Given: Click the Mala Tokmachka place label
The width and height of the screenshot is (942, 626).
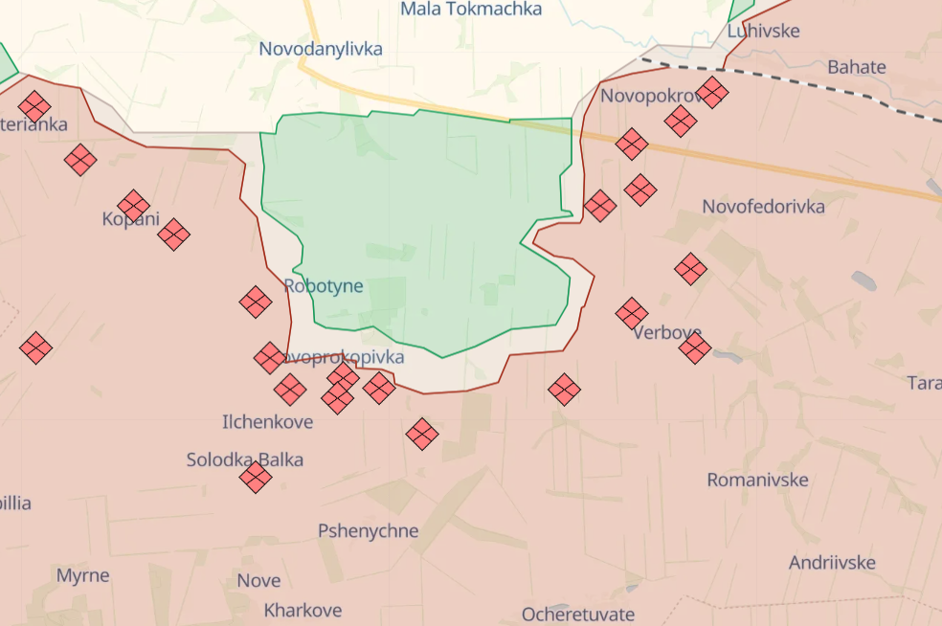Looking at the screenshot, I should pyautogui.click(x=471, y=10).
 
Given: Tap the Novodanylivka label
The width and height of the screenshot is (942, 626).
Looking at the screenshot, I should pyautogui.click(x=321, y=49).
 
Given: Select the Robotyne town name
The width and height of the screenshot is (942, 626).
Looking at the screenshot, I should pyautogui.click(x=324, y=286).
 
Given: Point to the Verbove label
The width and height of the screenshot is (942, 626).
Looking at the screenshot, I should pyautogui.click(x=667, y=333).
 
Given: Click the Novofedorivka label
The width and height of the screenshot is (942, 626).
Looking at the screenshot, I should pyautogui.click(x=763, y=207).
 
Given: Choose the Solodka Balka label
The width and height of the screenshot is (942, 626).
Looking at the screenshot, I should pyautogui.click(x=245, y=459).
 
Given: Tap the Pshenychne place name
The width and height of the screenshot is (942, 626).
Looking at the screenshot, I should pyautogui.click(x=369, y=531).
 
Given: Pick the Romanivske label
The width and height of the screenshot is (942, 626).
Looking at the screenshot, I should pyautogui.click(x=758, y=480).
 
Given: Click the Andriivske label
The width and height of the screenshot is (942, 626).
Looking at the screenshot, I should pyautogui.click(x=832, y=562).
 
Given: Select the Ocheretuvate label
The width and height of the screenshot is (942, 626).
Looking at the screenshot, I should pyautogui.click(x=578, y=614).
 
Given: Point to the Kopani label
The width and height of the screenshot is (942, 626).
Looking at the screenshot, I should pyautogui.click(x=130, y=219).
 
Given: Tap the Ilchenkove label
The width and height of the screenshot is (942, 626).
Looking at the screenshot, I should pyautogui.click(x=267, y=421).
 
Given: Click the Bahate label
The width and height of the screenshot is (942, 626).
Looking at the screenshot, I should pyautogui.click(x=857, y=68).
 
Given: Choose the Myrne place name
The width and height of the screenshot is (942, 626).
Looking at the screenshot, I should pyautogui.click(x=83, y=575).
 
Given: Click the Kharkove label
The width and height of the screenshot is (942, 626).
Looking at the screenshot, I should pyautogui.click(x=303, y=610).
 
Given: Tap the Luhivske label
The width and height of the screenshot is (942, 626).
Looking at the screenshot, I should pyautogui.click(x=763, y=31).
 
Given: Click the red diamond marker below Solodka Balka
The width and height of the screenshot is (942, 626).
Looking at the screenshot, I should pyautogui.click(x=256, y=477).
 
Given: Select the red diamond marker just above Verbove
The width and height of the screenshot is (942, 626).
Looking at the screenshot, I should pyautogui.click(x=632, y=313).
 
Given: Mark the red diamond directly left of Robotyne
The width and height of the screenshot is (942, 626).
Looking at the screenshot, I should pyautogui.click(x=256, y=302).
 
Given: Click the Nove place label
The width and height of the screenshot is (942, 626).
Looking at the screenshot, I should pyautogui.click(x=258, y=580).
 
